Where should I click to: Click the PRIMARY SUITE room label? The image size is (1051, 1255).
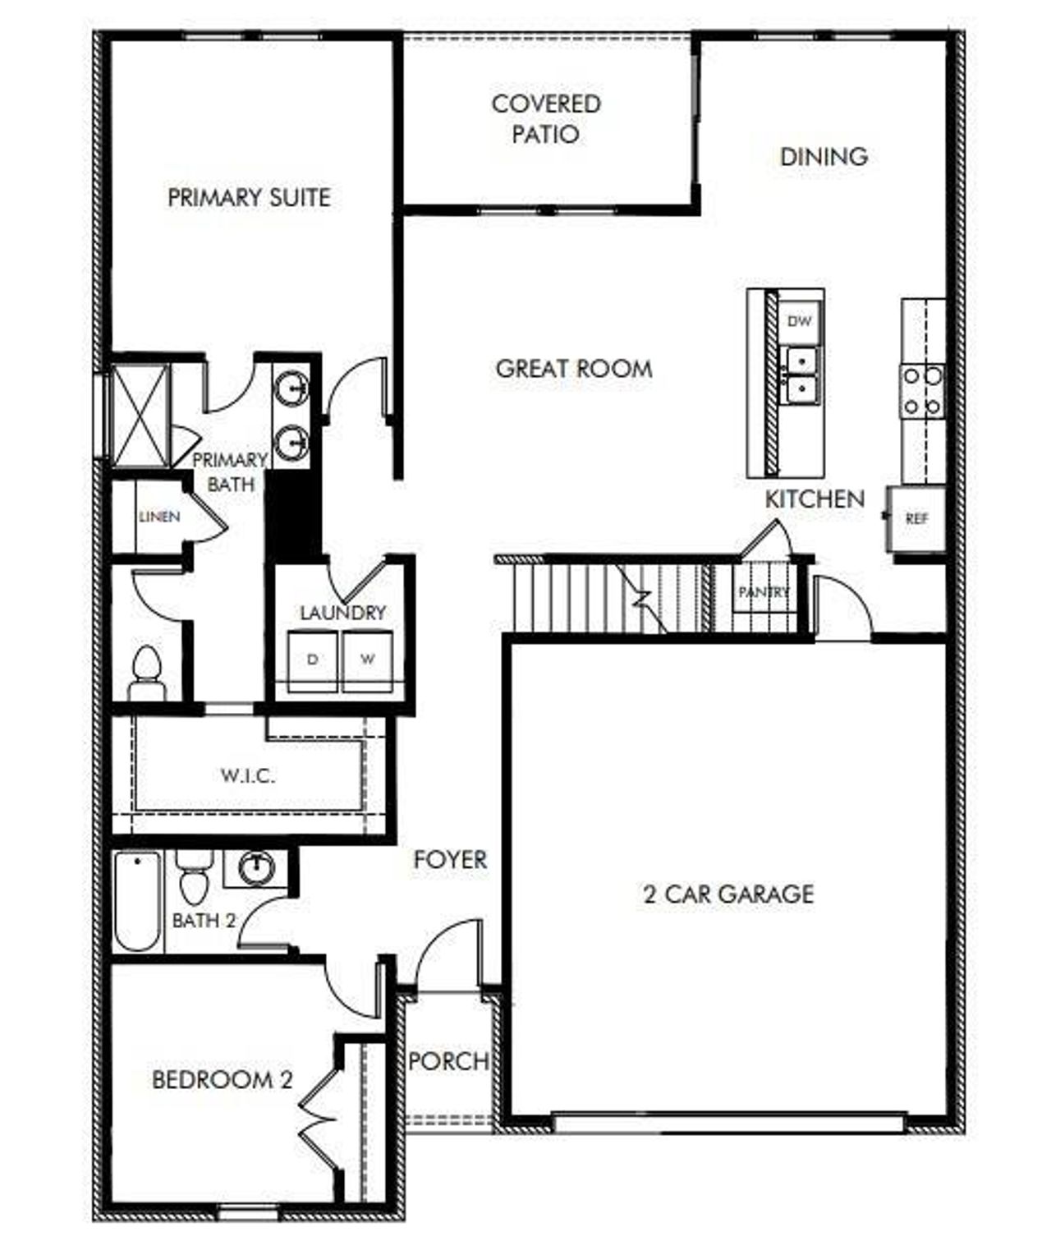tap(249, 198)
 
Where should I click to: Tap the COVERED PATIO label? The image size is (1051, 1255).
tap(546, 118)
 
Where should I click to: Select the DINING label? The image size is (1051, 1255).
tap(824, 156)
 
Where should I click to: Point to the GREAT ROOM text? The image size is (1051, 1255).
tap(574, 368)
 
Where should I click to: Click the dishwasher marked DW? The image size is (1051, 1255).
tap(799, 320)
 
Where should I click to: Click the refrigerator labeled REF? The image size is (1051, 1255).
tap(916, 519)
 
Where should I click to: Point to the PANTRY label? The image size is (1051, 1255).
tap(763, 592)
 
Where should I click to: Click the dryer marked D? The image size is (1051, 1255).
tap(313, 660)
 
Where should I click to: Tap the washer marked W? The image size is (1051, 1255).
tap(367, 660)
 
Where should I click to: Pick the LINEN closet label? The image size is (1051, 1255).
tap(158, 517)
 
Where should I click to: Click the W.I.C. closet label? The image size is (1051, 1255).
tap(247, 775)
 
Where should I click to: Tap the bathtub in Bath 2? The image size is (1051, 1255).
tap(137, 901)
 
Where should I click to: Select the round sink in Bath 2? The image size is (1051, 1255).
tap(258, 867)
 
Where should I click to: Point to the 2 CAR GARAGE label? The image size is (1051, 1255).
tap(728, 894)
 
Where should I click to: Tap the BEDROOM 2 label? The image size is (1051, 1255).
tap(222, 1079)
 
